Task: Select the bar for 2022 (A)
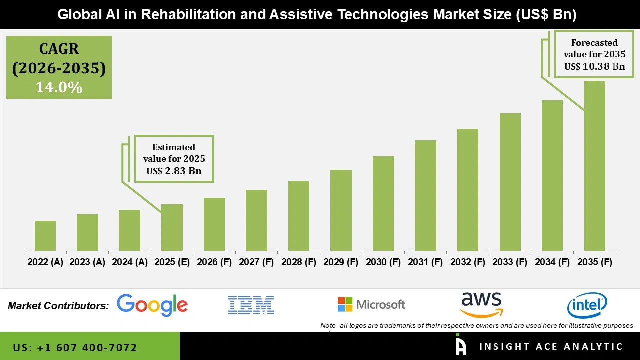pos(45,236)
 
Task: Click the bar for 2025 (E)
pos(172,227)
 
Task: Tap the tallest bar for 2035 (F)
pos(594,166)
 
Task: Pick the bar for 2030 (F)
pos(383,203)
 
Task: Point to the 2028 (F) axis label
pos(299,262)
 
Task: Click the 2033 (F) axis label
pos(510,262)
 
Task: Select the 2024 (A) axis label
pos(130,262)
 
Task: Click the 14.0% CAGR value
pos(59,88)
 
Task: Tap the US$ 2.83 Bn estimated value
pos(174,171)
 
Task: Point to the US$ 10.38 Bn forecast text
pos(594,66)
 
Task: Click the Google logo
pos(152,305)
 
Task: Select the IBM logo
pos(251,305)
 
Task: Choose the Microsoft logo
pos(371,304)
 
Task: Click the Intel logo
pos(587,305)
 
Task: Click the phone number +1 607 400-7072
pos(75,347)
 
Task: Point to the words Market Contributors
pos(58,306)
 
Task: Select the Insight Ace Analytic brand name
pos(551,347)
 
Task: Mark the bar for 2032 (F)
pos(467,190)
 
